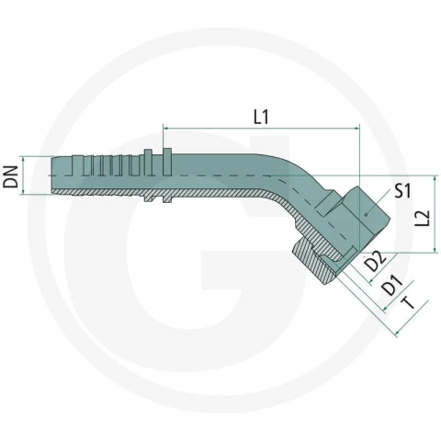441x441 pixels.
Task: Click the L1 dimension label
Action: tap(261, 117)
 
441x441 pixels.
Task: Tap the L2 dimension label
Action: tap(423, 219)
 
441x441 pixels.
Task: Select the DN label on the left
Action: tap(11, 176)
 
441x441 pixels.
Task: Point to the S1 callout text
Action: tap(402, 190)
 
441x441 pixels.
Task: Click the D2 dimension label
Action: tap(375, 261)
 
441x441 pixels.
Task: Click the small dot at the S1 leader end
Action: tap(366, 215)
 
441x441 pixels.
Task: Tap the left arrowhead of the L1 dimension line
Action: tap(165, 129)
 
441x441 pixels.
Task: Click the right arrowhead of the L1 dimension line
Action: tap(356, 129)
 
